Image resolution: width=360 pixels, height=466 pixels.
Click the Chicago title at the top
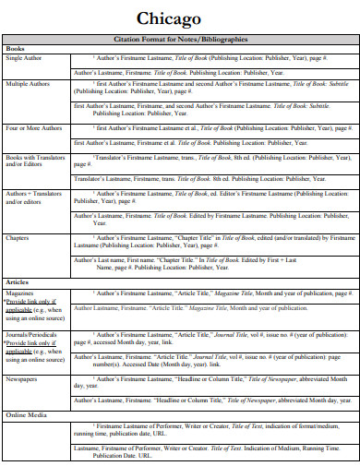click(x=179, y=18)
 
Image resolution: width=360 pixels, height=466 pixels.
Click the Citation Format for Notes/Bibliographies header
click(x=180, y=40)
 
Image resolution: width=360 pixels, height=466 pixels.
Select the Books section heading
click(x=16, y=48)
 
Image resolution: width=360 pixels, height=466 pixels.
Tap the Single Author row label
click(x=24, y=58)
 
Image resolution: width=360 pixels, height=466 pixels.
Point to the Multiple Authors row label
click(x=29, y=84)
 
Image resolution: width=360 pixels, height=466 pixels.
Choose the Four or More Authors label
click(x=34, y=129)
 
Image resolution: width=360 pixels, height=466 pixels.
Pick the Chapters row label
click(x=18, y=237)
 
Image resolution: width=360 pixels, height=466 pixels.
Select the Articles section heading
click(x=18, y=281)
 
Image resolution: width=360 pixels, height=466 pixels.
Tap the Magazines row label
click(x=21, y=292)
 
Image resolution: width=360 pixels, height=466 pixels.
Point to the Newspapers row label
click(x=23, y=378)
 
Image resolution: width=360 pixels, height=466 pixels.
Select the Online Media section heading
click(x=25, y=415)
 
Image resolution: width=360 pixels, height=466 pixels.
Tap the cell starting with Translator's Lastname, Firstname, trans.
click(x=198, y=179)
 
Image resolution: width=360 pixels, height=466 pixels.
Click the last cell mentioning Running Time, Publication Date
click(x=198, y=451)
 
